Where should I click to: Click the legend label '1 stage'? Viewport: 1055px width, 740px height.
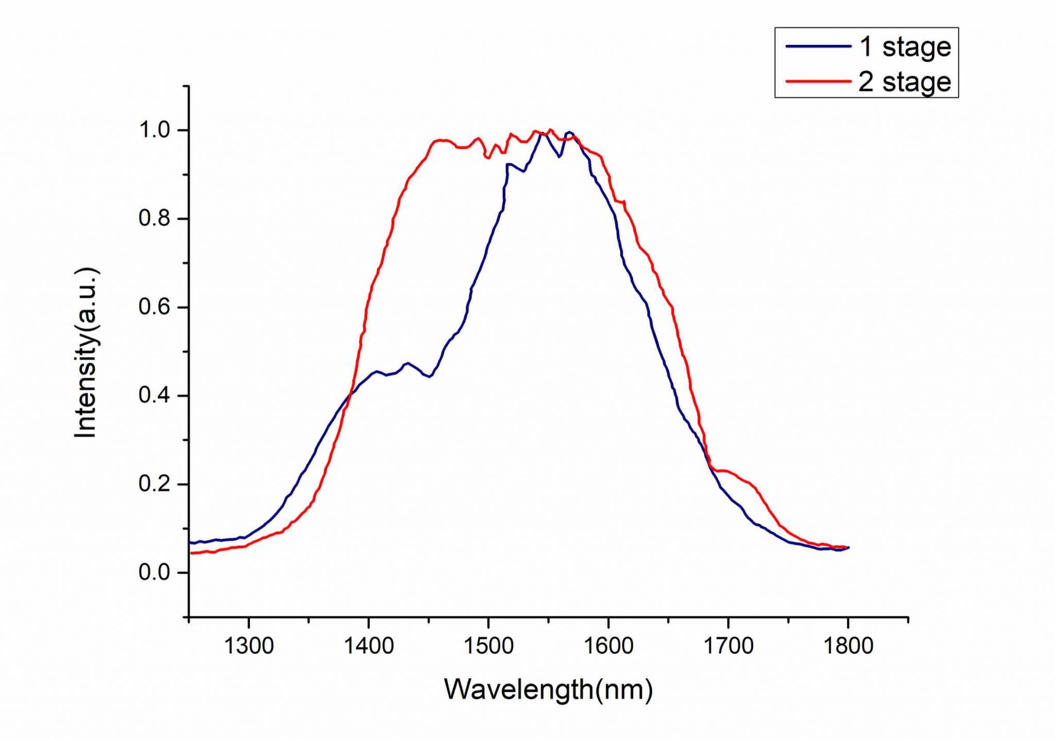[x=905, y=47]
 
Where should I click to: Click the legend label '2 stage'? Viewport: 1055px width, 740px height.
[x=905, y=82]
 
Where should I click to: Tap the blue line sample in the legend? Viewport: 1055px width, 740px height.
[x=818, y=46]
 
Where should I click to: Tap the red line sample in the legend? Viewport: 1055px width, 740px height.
[x=818, y=81]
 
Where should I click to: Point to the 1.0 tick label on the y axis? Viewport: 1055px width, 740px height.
[x=154, y=130]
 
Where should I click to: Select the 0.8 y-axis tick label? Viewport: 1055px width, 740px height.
[x=154, y=219]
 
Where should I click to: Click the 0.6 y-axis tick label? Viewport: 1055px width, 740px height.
[x=154, y=307]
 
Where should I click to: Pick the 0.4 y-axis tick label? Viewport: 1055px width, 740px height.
[x=154, y=396]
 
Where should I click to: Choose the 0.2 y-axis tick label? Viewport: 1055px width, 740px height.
[x=154, y=485]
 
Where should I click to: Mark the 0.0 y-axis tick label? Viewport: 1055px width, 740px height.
[x=154, y=573]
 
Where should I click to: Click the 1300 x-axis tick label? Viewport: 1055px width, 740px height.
[x=249, y=646]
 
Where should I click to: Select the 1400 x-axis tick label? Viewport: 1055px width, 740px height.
[x=369, y=646]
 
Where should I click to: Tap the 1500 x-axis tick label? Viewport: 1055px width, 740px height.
[x=488, y=646]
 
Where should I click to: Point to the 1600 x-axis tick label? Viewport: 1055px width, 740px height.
[x=608, y=646]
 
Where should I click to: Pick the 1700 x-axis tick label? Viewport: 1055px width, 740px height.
[x=728, y=646]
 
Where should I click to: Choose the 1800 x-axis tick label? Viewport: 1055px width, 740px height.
[x=848, y=646]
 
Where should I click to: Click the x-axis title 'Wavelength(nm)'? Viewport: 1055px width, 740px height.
[x=548, y=690]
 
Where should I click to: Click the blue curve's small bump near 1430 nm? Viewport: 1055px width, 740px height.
[x=408, y=364]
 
